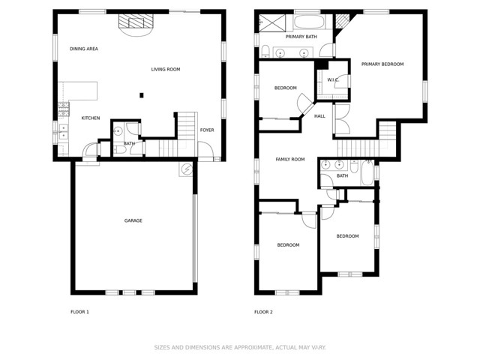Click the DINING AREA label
[x=84, y=49]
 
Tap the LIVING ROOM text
[x=166, y=70]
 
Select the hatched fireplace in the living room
[x=134, y=24]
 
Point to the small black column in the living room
[x=141, y=94]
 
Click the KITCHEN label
[x=91, y=118]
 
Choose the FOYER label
[x=207, y=130]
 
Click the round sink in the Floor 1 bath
[x=118, y=130]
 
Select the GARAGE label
[x=133, y=220]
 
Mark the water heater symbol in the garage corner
[x=185, y=170]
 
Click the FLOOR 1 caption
[x=79, y=312]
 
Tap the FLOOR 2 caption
[x=263, y=312]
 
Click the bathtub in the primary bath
[x=307, y=21]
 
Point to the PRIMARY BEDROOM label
[x=382, y=64]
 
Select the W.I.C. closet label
[x=333, y=79]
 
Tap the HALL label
[x=319, y=116]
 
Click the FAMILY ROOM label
[x=290, y=160]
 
